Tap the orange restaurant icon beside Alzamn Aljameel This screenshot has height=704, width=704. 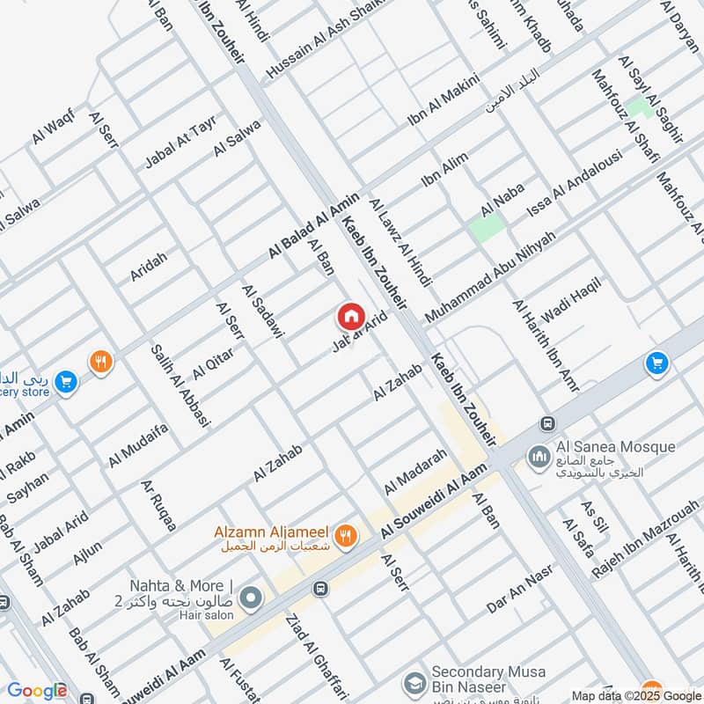348,533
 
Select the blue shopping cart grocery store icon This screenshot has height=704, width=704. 64,383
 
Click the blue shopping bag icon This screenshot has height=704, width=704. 655,363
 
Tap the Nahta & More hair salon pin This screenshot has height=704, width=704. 251,598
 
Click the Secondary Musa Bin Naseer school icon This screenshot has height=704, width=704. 413,684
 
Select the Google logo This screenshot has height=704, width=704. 37,692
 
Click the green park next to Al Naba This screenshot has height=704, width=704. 487,226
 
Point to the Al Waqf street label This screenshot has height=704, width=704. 53,128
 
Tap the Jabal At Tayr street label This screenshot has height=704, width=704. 180,142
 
